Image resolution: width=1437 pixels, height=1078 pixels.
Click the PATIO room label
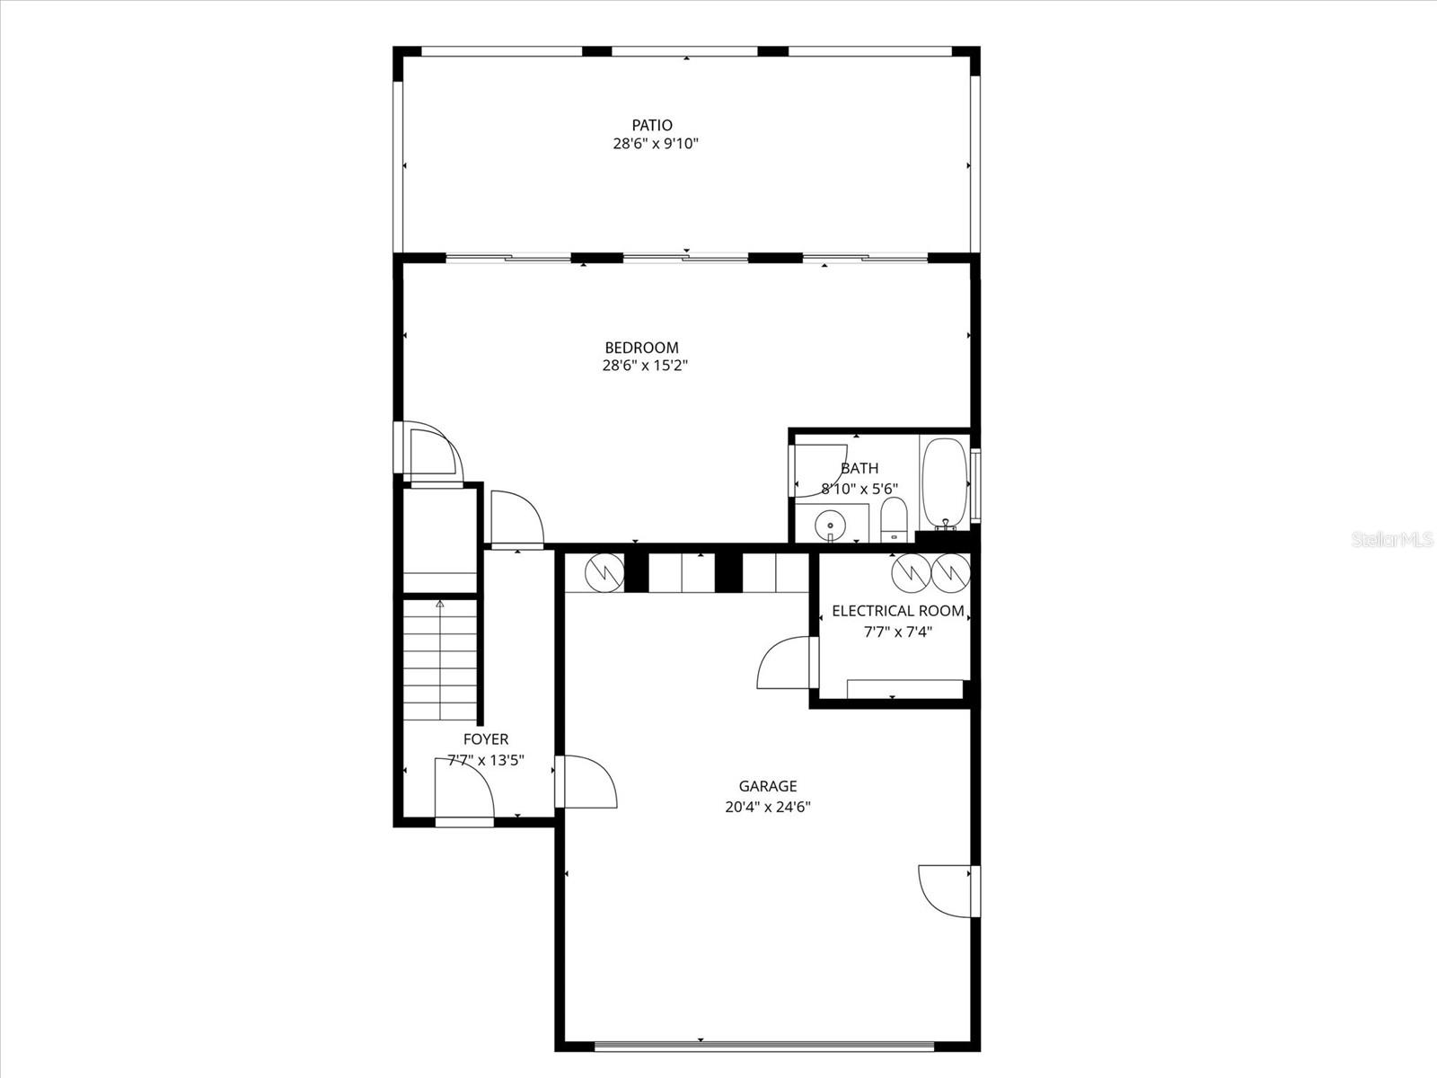[x=651, y=126]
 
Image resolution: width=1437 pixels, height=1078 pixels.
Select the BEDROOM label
[x=641, y=348]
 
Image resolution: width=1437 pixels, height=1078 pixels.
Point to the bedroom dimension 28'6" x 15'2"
[x=645, y=366]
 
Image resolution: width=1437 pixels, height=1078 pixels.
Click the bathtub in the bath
[x=944, y=481]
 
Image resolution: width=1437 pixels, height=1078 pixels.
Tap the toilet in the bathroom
[x=894, y=520]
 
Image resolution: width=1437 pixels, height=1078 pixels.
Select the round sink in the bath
[x=831, y=525]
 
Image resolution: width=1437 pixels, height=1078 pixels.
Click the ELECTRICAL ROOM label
[x=897, y=611]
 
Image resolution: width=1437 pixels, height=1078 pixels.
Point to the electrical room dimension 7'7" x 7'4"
[x=897, y=632]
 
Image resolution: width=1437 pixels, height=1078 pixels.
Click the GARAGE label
[x=768, y=786]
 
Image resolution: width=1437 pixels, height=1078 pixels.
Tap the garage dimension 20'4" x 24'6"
[x=768, y=807]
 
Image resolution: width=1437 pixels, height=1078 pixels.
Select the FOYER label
[x=485, y=739]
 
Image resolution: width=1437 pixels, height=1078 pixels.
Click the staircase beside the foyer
[x=439, y=660]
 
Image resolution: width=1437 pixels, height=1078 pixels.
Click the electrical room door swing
[x=783, y=663]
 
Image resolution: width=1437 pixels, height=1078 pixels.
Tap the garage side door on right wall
[x=946, y=890]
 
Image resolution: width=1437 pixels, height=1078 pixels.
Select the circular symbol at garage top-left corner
[x=604, y=571]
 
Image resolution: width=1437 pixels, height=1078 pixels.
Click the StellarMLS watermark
[x=1392, y=540]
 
